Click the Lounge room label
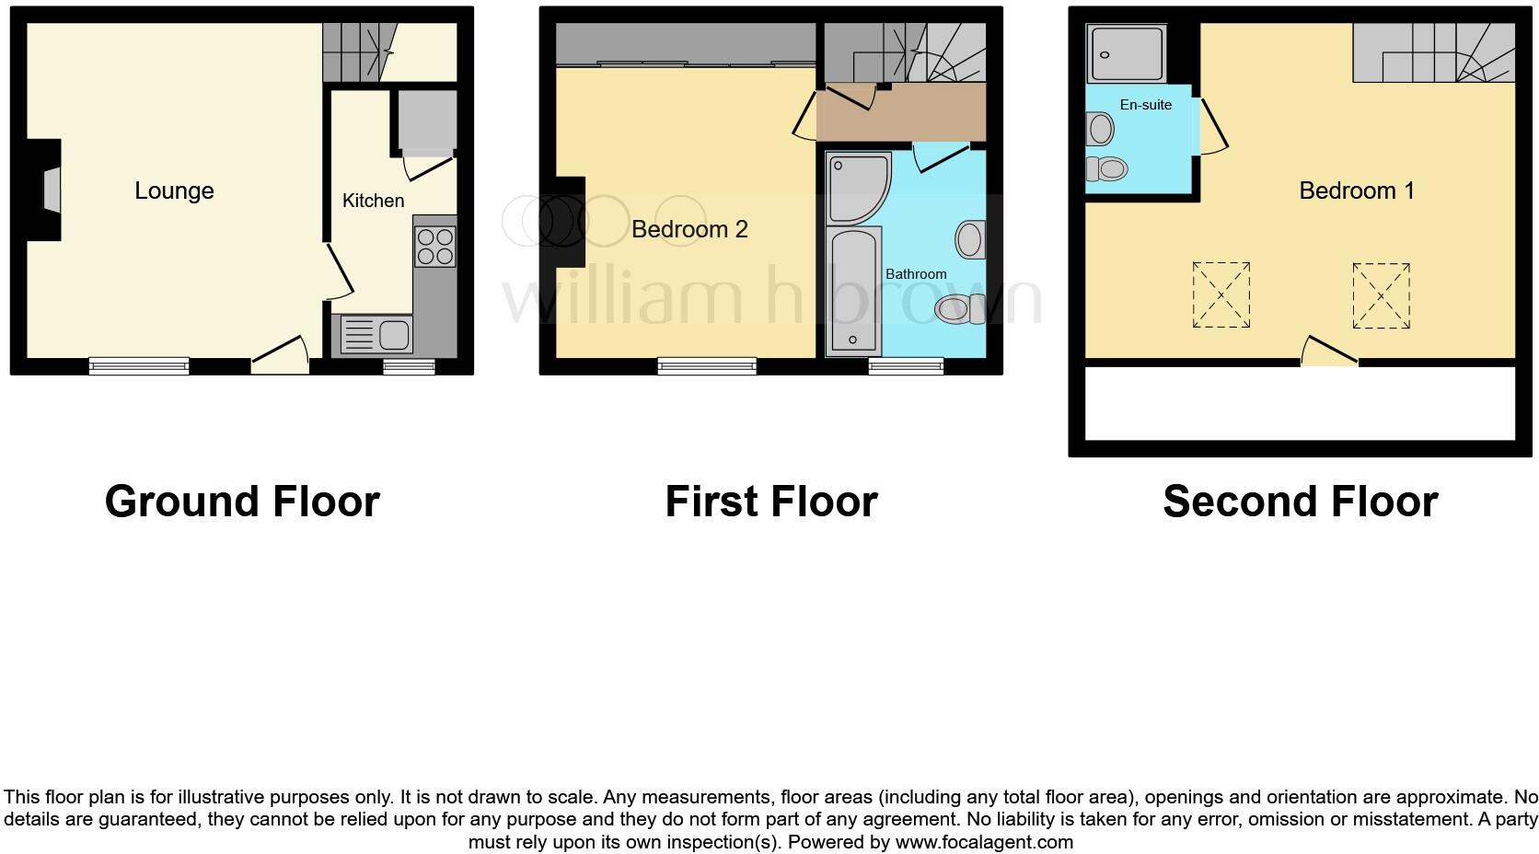tap(174, 190)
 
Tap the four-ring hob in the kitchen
tap(434, 246)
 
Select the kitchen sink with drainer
tap(376, 334)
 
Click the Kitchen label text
tap(373, 201)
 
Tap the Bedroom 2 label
tap(689, 229)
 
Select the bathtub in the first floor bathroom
tap(853, 291)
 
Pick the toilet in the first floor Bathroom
tap(958, 308)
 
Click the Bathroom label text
tap(916, 274)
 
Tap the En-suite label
tap(1145, 105)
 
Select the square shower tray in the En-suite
tap(1126, 53)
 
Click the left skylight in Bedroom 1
tap(1221, 294)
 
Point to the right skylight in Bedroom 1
tap(1381, 295)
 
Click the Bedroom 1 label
tap(1356, 190)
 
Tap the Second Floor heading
tap(1300, 502)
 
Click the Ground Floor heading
tap(242, 502)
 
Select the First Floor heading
tap(770, 502)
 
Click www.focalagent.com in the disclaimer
tap(984, 841)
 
